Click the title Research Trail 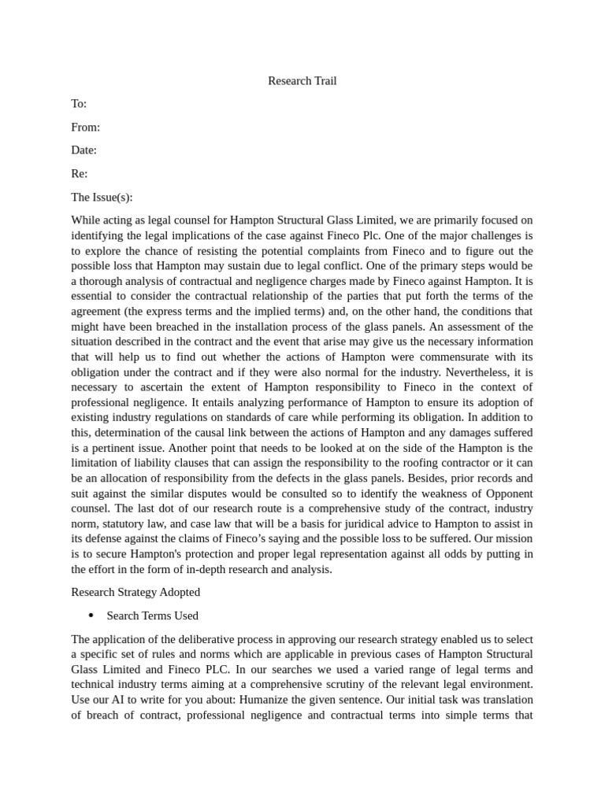point(302,81)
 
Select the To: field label point(79,104)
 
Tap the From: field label point(85,128)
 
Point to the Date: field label point(84,150)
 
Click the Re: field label point(79,174)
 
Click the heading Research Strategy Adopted point(135,592)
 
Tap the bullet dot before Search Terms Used point(91,616)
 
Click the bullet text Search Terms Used point(152,616)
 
